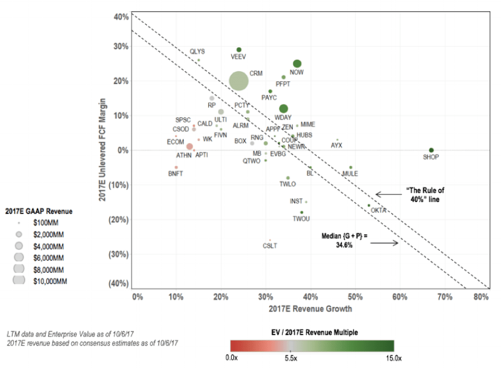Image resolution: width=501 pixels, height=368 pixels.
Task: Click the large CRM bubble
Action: click(238, 81)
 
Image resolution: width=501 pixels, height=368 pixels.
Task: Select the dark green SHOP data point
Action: click(431, 150)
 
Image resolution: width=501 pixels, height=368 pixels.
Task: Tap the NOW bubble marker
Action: click(297, 63)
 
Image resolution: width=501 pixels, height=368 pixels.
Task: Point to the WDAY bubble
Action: click(283, 109)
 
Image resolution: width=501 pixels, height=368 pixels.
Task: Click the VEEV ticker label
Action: click(238, 57)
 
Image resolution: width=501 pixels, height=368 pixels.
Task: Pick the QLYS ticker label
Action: click(197, 51)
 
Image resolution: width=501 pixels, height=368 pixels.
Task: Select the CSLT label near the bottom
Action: click(270, 246)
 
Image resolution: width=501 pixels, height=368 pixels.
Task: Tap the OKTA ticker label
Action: click(379, 210)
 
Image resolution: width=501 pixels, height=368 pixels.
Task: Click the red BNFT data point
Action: click(176, 167)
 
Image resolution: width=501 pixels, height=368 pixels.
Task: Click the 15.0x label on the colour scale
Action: click(394, 358)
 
